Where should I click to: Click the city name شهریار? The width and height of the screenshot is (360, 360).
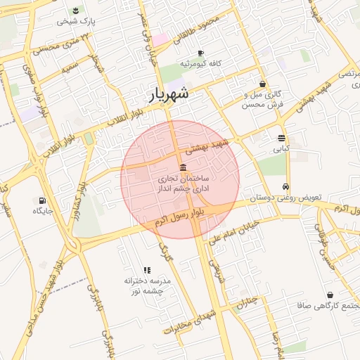pos(169,94)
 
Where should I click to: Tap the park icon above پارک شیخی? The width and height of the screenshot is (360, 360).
pos(75,9)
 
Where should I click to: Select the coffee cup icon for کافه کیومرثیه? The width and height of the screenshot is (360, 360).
pos(200,53)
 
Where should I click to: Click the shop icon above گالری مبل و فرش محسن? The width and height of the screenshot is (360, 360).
pos(262,84)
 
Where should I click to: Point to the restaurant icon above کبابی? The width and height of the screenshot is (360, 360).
pos(281,138)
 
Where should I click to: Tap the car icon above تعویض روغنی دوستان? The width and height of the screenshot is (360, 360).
pos(285,187)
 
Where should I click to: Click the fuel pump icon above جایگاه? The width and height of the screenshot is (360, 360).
pos(42,200)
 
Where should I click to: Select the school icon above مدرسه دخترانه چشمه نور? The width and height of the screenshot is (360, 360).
pos(147,270)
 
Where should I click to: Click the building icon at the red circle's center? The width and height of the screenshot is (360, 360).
pos(183,167)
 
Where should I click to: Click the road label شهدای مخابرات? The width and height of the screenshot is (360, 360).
pos(191,321)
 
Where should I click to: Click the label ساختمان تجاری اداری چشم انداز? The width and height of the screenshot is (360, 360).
pos(184,185)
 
